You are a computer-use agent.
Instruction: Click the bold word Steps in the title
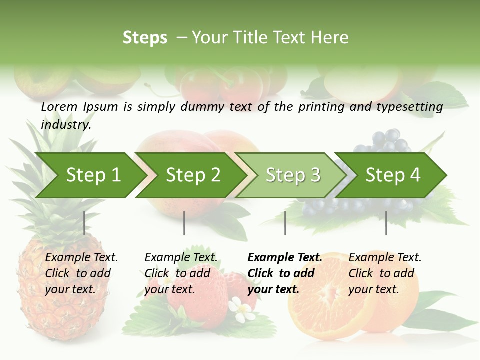click(145, 38)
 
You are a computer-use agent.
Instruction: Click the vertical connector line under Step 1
click(84, 223)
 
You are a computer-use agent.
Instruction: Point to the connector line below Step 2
click(184, 223)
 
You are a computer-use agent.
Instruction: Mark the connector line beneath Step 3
click(285, 223)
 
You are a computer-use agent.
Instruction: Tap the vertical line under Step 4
click(386, 223)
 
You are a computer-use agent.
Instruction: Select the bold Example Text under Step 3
click(285, 273)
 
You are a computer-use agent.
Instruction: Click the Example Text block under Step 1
click(81, 273)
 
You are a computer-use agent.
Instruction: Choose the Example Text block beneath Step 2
click(181, 273)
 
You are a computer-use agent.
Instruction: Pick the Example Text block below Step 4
click(385, 273)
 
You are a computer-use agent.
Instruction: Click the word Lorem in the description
click(59, 107)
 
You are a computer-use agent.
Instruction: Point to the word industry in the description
click(66, 125)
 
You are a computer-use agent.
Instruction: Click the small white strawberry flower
click(243, 310)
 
